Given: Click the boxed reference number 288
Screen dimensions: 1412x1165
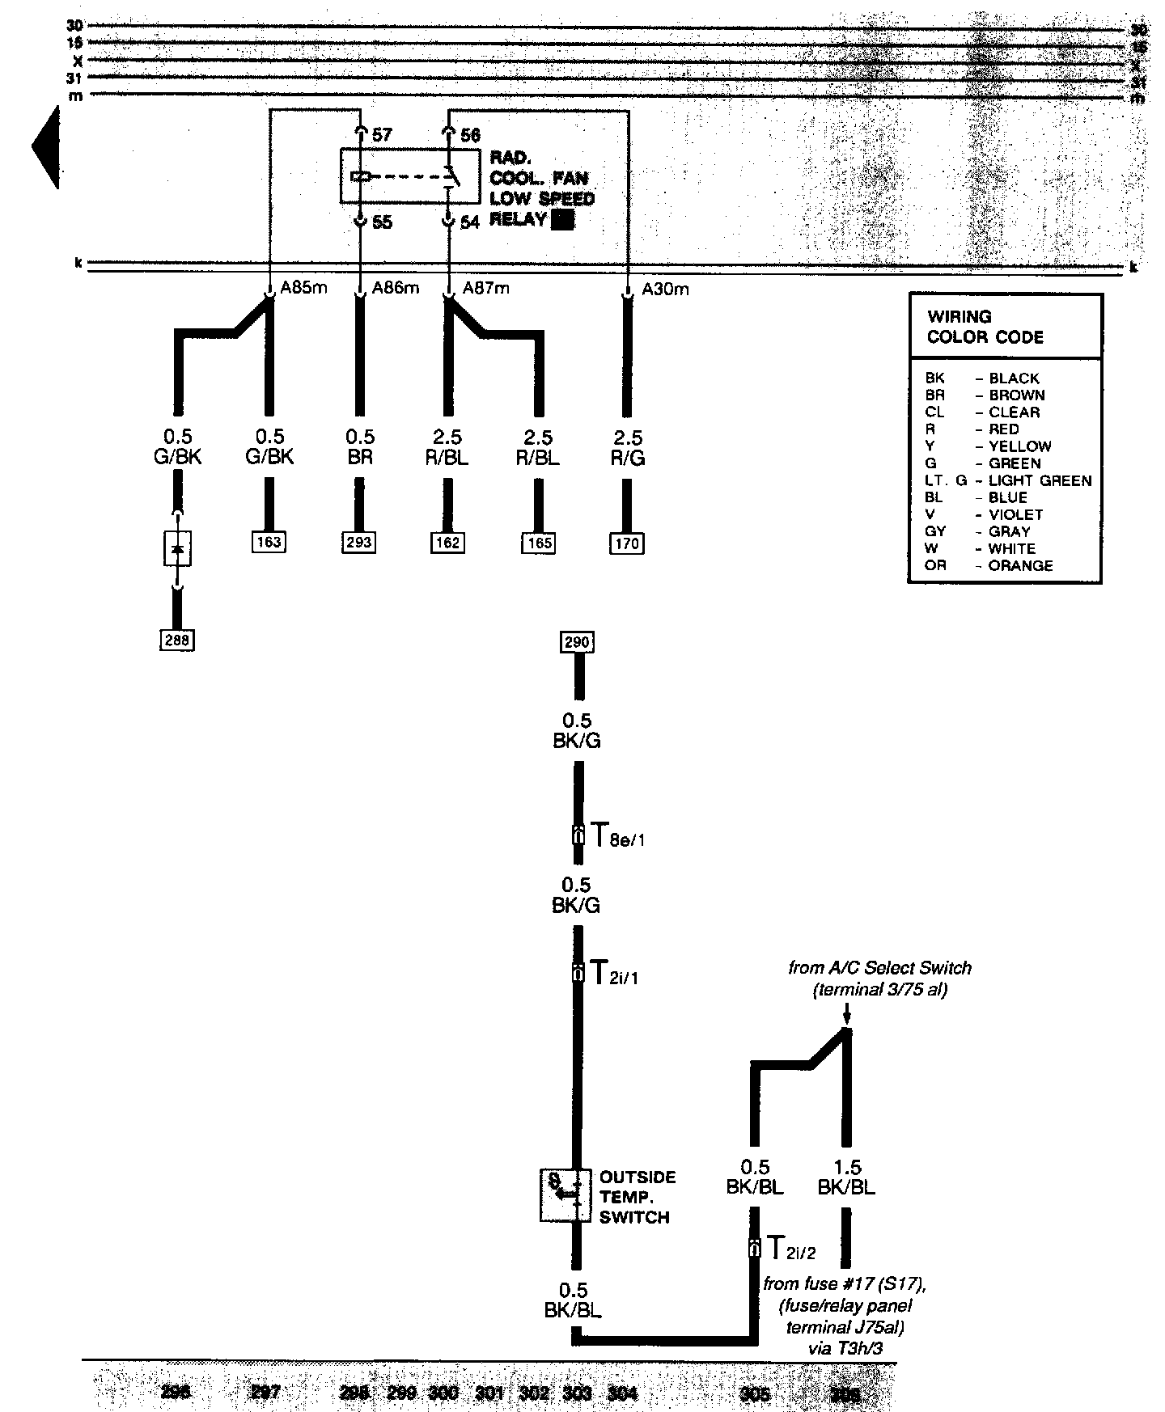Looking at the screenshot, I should tap(177, 640).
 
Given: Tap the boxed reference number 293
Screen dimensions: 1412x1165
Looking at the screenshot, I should tap(358, 542).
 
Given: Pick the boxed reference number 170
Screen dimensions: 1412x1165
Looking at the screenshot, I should tap(627, 543).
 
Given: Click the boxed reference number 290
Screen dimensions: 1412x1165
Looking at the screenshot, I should tap(577, 643).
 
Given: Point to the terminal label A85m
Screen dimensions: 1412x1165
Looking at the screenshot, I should tap(303, 288).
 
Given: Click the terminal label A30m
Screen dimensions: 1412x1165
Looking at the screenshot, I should tap(665, 289).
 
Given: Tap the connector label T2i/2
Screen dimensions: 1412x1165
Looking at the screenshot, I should tap(790, 1249).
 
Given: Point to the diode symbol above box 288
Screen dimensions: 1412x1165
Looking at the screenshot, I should tap(177, 549).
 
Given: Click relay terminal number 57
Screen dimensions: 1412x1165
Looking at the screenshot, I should tap(382, 135).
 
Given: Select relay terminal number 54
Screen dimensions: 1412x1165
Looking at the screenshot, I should tap(469, 222).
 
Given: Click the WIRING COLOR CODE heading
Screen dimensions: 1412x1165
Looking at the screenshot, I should tap(985, 327).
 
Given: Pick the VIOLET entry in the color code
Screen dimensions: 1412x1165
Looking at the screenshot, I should tap(1015, 514).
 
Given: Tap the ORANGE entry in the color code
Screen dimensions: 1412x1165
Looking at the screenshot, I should tap(1020, 566).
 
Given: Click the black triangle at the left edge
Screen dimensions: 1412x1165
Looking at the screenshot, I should tap(46, 147).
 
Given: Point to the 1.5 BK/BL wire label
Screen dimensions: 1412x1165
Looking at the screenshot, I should tap(846, 1177).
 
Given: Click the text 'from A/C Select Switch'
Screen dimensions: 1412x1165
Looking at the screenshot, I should tap(879, 968).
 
